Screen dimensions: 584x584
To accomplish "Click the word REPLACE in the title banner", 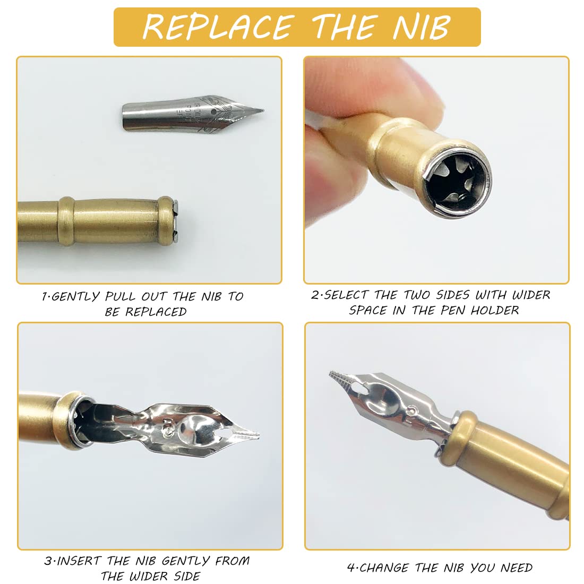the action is [217, 27].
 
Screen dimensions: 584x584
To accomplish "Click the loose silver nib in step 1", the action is [193, 113].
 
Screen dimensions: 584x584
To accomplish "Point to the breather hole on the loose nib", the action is [213, 111].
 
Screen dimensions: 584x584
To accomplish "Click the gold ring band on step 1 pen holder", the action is [65, 221].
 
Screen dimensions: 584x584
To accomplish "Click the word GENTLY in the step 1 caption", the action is [75, 297].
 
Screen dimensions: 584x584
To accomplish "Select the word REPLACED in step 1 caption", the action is [156, 312].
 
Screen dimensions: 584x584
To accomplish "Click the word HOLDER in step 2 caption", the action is [494, 310].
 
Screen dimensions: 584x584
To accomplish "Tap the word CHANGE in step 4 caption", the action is [384, 568].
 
